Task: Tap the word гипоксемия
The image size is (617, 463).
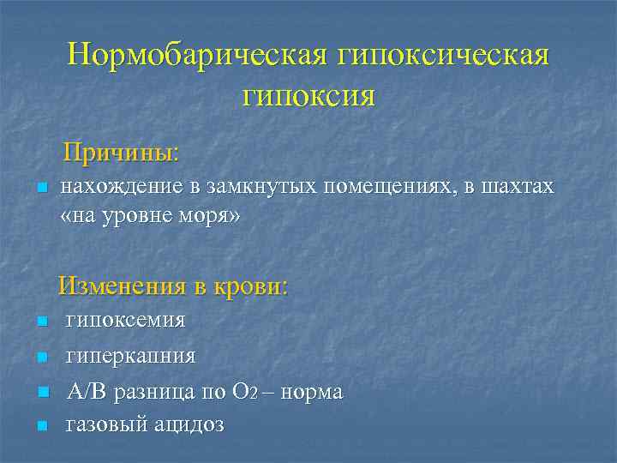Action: point(126,322)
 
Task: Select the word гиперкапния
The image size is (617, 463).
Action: point(131,355)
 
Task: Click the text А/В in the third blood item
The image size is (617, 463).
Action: point(86,392)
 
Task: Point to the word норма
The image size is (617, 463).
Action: point(312,392)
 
